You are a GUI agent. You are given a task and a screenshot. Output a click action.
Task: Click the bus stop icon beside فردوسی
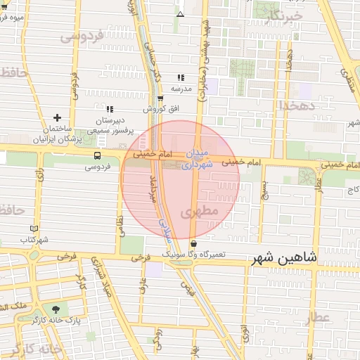(96, 155)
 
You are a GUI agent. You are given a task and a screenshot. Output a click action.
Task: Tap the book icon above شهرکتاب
(34, 229)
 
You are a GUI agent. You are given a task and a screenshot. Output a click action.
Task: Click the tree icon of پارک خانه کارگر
(55, 309)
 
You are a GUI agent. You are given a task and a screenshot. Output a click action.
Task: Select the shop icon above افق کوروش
(160, 98)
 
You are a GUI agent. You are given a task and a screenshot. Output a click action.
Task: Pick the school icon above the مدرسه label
(181, 78)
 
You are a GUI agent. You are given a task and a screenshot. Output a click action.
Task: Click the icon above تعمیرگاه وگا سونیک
(194, 243)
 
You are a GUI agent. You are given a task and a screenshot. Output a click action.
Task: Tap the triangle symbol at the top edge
(181, 14)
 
